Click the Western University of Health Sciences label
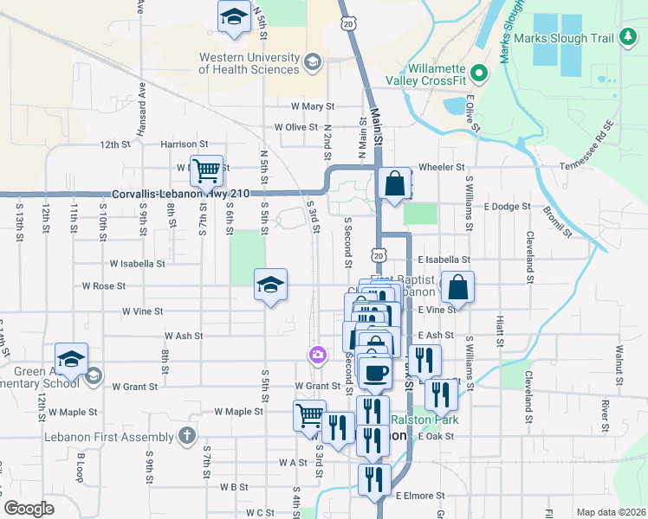249,63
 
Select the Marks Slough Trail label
563,38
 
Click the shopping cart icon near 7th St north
207,171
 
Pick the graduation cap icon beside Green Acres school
71,359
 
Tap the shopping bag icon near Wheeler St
394,183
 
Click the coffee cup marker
374,373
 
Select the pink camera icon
318,355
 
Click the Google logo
29,509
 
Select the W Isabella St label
137,263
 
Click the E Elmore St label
420,496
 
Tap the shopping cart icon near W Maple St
309,415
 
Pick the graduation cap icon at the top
234,18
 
